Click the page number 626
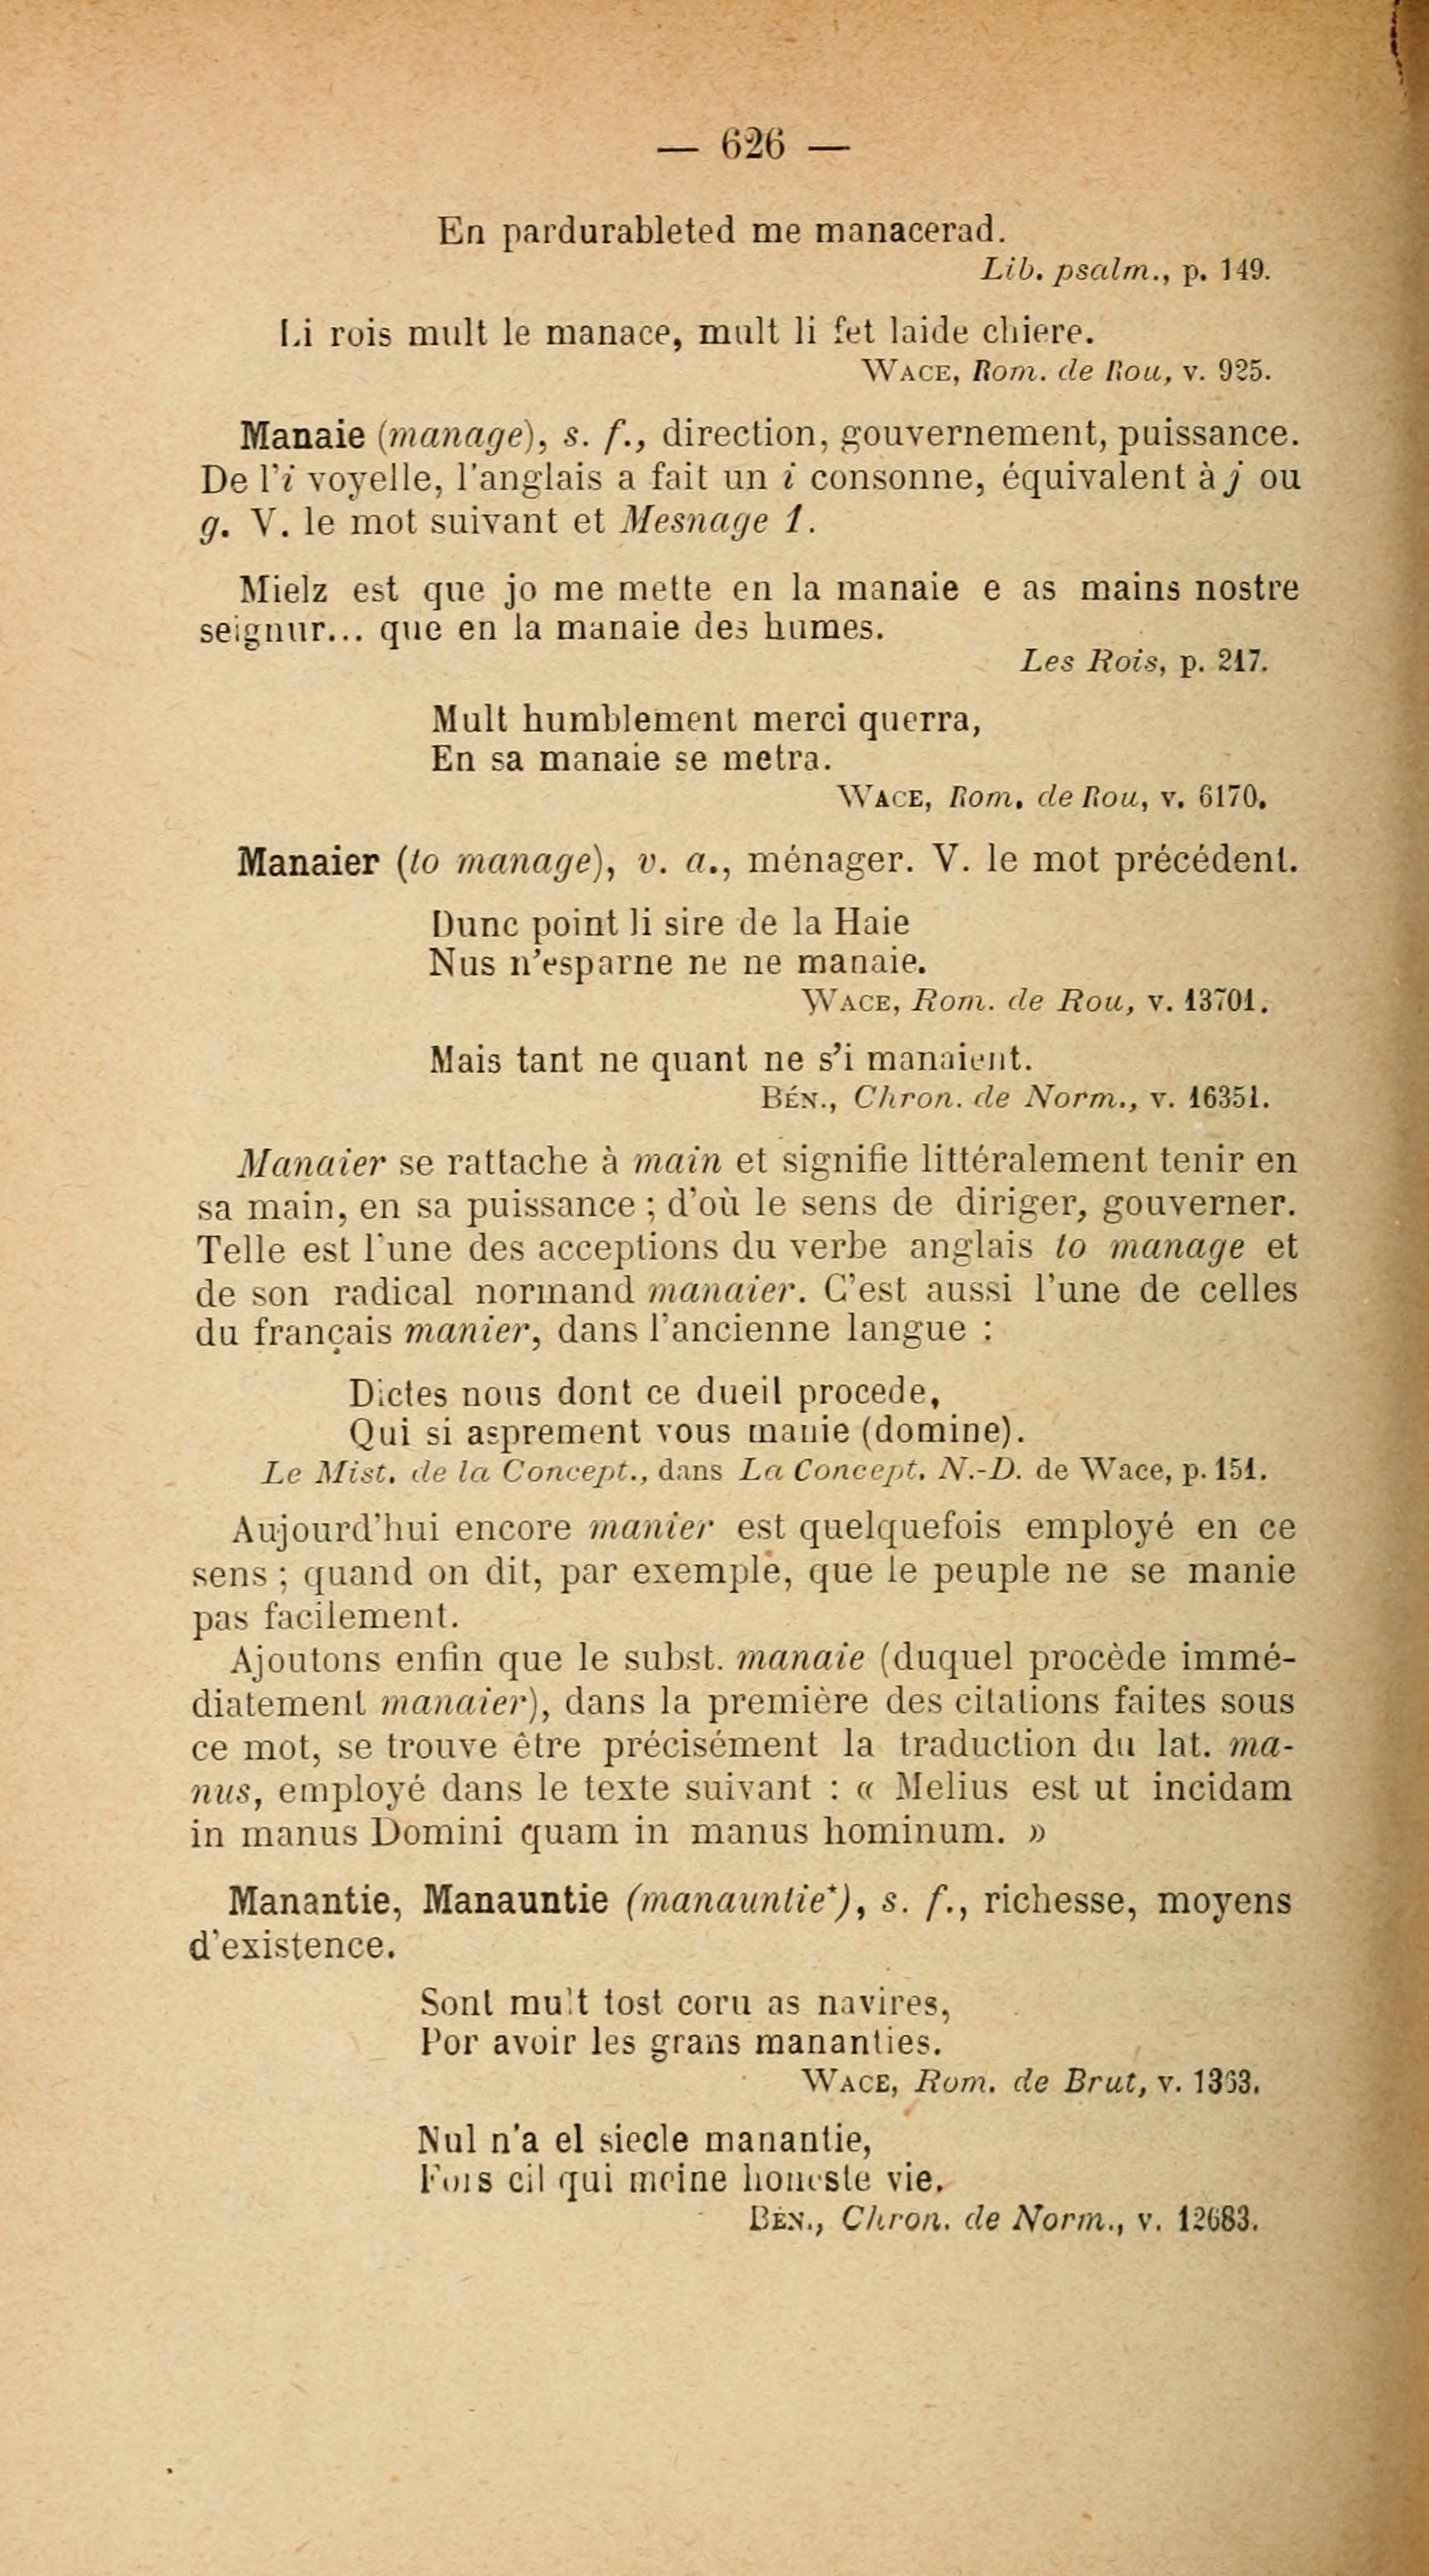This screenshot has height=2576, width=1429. coord(751,147)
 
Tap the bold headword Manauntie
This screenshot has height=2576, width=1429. coord(516,1899)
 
